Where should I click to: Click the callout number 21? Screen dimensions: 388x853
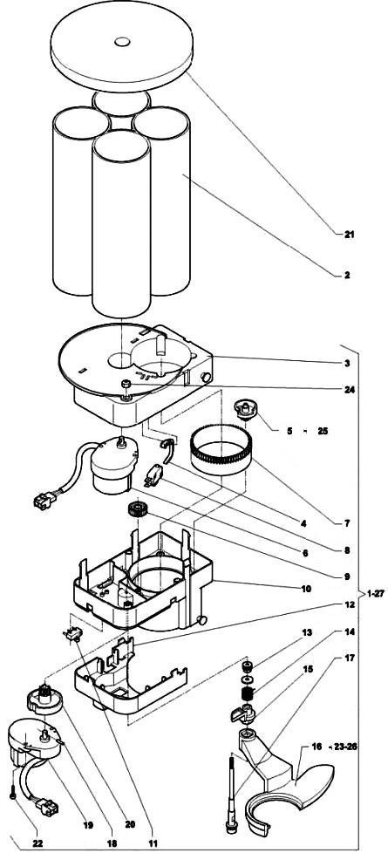[x=349, y=235]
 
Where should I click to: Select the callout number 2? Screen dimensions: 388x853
[x=347, y=276]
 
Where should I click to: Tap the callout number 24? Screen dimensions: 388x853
[x=349, y=390]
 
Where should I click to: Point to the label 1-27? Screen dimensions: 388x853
[x=375, y=593]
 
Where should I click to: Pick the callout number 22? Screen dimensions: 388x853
[x=37, y=843]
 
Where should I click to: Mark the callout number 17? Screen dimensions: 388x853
[x=350, y=658]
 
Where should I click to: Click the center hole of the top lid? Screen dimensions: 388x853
[x=122, y=41]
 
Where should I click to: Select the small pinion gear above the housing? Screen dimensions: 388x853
[x=134, y=509]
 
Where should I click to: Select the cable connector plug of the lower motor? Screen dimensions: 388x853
[x=44, y=804]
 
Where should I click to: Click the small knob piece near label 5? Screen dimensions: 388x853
[x=245, y=409]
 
